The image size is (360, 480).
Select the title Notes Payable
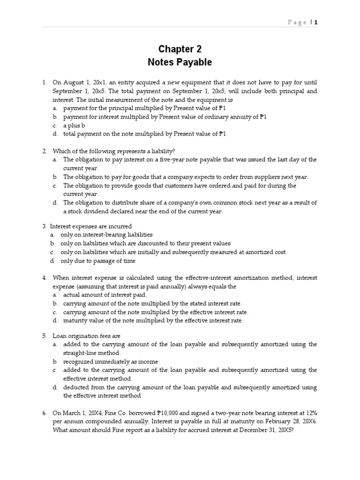(x=180, y=62)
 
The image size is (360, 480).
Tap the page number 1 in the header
(x=316, y=22)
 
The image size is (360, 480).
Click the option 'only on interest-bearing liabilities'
(x=107, y=234)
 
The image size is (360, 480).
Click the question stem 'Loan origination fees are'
(x=87, y=336)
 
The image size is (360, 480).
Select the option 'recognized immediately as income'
(x=111, y=361)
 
